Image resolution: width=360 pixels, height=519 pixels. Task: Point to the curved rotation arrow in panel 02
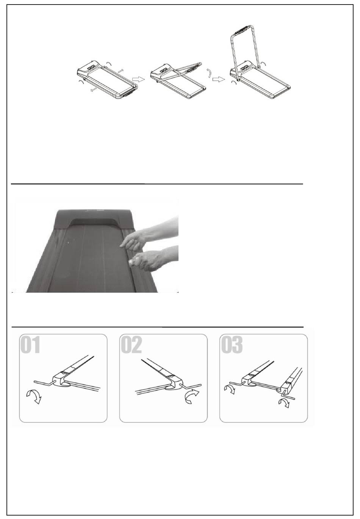pyautogui.click(x=192, y=397)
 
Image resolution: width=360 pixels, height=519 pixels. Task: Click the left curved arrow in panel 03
pyautogui.click(x=230, y=389)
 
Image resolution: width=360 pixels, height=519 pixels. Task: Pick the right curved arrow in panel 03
pyautogui.click(x=284, y=403)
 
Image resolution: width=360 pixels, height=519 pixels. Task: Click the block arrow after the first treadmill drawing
pyautogui.click(x=138, y=79)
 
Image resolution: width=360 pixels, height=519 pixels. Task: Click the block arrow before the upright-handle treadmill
pyautogui.click(x=219, y=80)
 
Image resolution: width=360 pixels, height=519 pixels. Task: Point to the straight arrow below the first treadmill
pyautogui.click(x=94, y=90)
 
